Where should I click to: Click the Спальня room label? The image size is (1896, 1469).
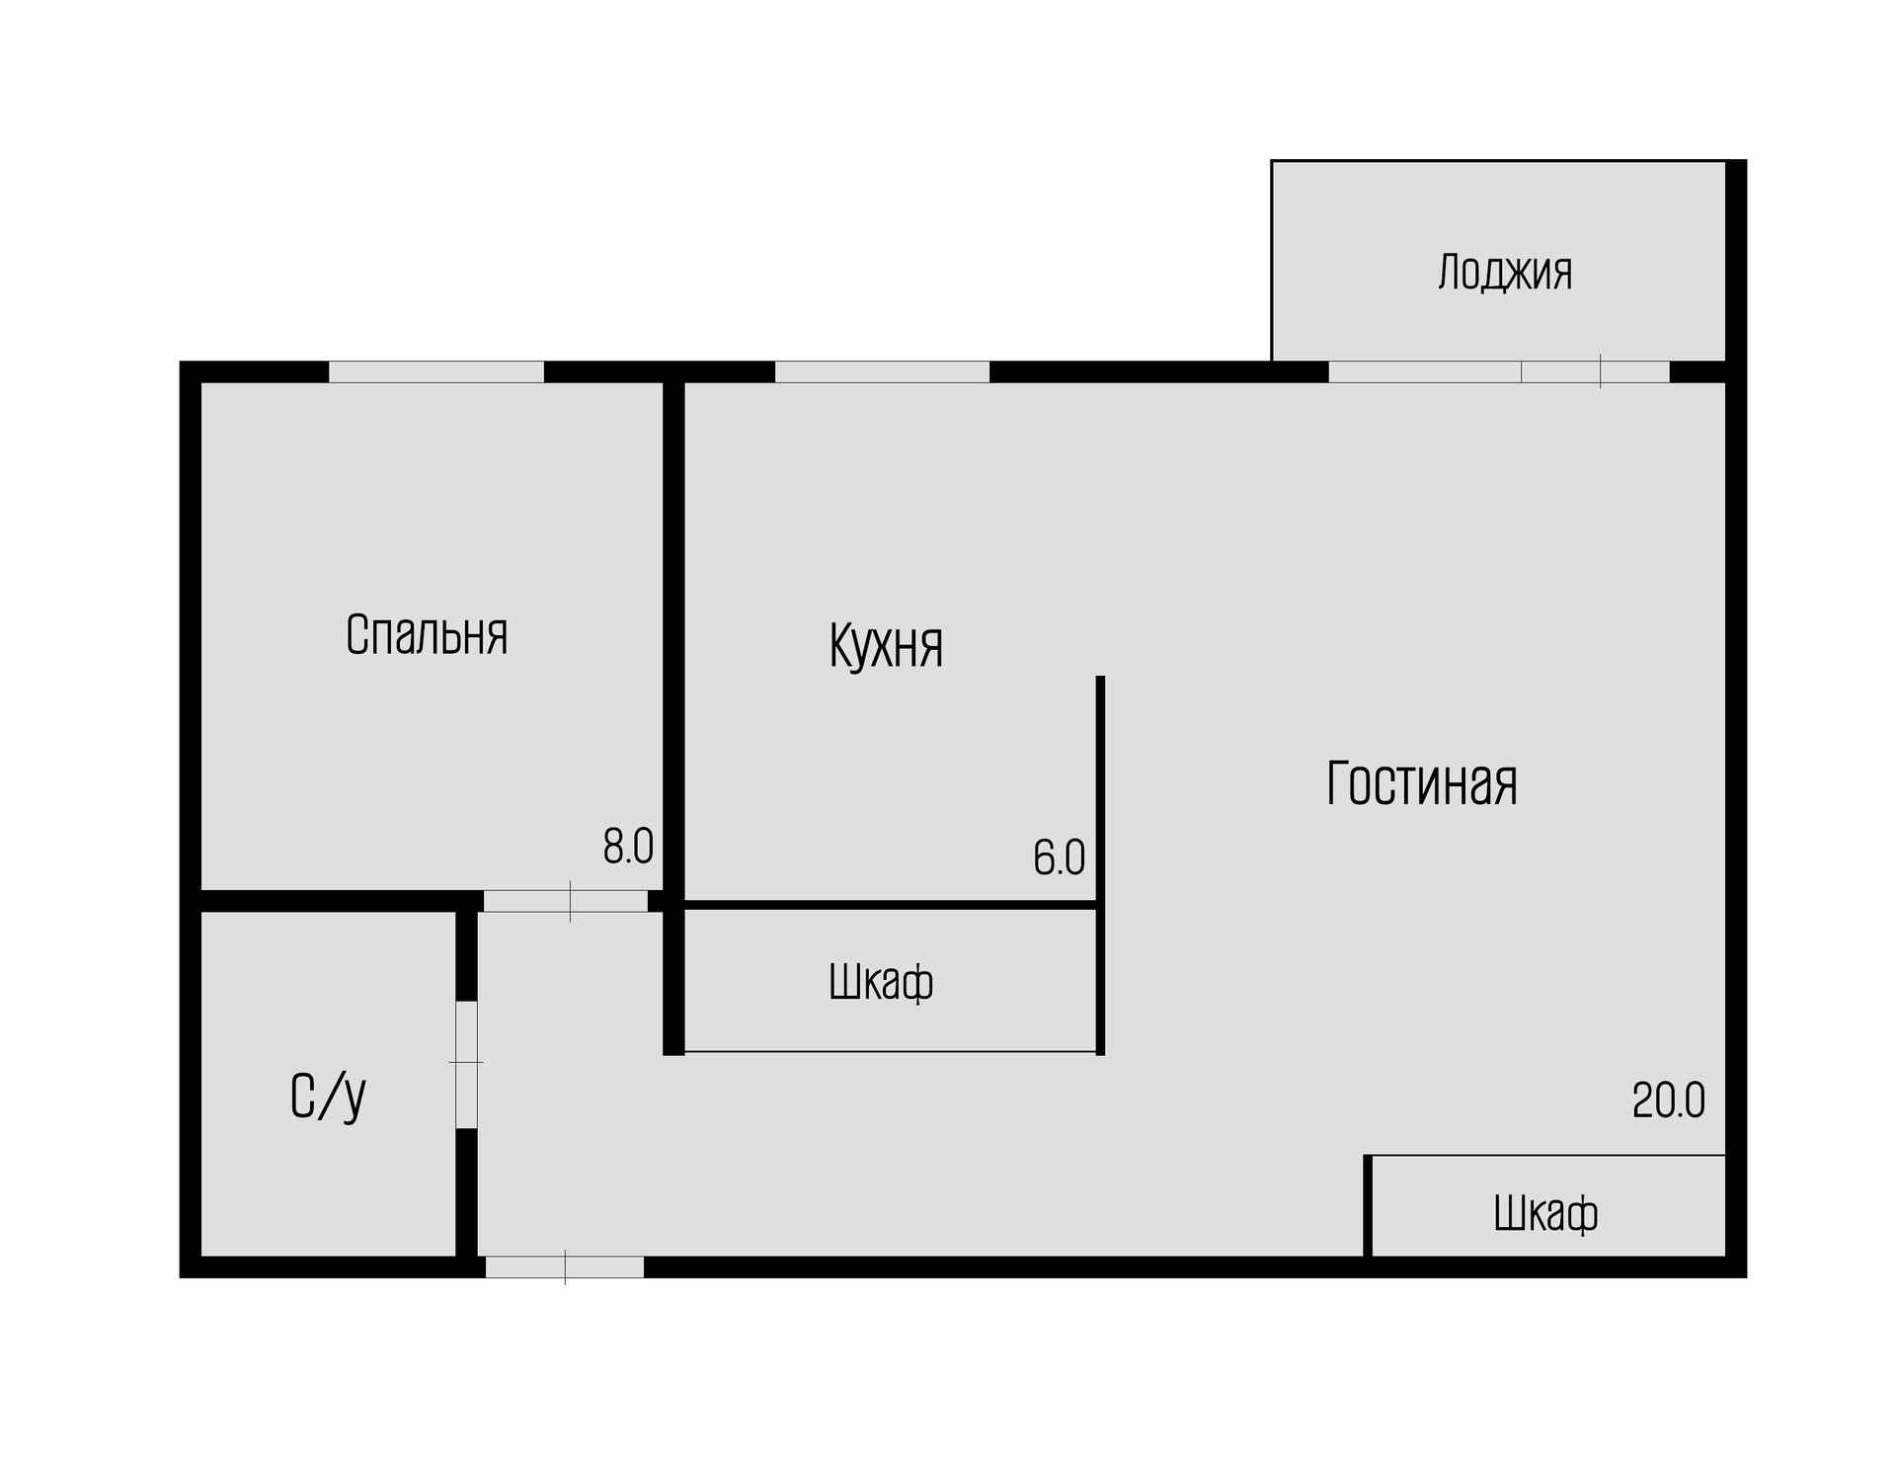[x=427, y=635]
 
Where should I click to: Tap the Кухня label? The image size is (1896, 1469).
[x=886, y=646]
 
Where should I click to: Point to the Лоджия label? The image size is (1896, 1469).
[x=1505, y=273]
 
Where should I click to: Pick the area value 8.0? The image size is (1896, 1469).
[x=628, y=847]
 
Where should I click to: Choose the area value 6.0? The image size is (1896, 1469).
[x=1059, y=857]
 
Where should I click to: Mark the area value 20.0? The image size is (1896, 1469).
[x=1668, y=1101]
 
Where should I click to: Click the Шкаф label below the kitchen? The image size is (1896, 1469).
[x=881, y=983]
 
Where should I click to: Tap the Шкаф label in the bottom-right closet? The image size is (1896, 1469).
[x=1545, y=1213]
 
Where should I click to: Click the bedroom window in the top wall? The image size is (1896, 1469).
[x=435, y=371]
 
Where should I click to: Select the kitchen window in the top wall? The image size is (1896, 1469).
[x=882, y=371]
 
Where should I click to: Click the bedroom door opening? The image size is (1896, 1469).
[x=565, y=901]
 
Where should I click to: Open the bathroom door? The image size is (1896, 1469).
[x=466, y=1064]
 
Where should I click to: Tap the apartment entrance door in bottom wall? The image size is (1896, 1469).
[x=564, y=1266]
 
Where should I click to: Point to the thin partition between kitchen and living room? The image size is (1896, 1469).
[x=1100, y=790]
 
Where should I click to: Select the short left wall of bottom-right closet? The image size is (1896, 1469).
[x=1368, y=1205]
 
